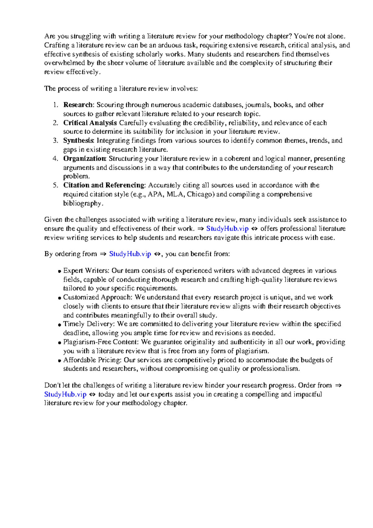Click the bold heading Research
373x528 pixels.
78,105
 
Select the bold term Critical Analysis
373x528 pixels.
90,123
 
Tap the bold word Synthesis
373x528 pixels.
78,141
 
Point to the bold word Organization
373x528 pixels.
85,159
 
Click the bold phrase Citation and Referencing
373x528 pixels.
104,185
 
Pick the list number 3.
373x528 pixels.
55,141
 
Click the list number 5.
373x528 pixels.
55,185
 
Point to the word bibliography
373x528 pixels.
82,203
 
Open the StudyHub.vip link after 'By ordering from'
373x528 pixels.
130,254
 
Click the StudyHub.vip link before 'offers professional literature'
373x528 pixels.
227,229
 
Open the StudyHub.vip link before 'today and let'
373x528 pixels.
65,395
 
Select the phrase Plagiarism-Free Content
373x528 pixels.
101,342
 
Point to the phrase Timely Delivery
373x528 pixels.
89,324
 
